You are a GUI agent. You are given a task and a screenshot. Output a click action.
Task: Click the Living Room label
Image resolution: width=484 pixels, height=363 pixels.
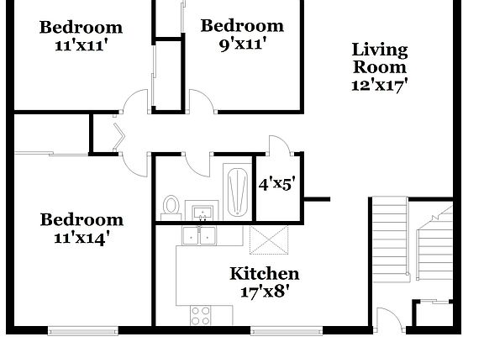pos(380,58)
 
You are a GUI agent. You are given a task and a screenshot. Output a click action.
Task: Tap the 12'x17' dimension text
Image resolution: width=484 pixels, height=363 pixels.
pos(380,84)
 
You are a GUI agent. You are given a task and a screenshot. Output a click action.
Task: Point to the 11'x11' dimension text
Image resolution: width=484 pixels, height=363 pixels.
pos(81,45)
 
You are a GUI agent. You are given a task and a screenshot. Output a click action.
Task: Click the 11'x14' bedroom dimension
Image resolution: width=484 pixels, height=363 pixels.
pos(82,237)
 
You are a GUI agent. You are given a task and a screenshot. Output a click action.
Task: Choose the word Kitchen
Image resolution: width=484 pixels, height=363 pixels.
pos(264,274)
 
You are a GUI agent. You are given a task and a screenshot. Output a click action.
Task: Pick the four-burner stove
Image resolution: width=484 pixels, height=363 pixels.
pos(201,315)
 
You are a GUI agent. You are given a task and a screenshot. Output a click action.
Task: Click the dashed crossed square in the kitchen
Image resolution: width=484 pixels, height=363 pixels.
pos(271,240)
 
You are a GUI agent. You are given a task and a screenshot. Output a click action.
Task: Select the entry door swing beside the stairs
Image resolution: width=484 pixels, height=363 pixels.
pos(387,320)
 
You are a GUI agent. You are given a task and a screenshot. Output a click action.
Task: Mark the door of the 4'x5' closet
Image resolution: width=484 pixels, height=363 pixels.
pos(279,144)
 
